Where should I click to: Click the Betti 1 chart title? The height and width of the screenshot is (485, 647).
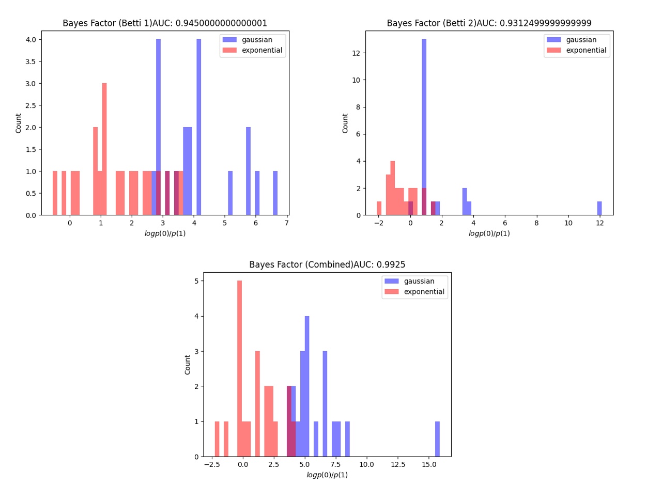(x=165, y=23)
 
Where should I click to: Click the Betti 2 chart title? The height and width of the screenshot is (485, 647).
(x=489, y=23)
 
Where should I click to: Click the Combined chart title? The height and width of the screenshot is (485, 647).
(x=327, y=264)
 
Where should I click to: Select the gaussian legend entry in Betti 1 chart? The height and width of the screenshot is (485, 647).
(x=253, y=40)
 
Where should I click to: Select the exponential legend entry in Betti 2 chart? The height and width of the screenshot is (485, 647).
(x=577, y=50)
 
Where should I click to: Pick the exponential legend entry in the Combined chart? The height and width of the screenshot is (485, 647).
(x=414, y=291)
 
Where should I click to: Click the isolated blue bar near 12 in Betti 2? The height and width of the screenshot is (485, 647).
(x=599, y=208)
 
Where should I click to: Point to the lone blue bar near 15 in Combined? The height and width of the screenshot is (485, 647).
(x=437, y=439)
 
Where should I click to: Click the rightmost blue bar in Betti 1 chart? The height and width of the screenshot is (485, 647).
(x=275, y=193)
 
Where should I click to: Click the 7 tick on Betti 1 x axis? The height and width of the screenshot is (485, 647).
(x=286, y=223)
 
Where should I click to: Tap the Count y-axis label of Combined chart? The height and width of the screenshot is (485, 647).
(x=188, y=365)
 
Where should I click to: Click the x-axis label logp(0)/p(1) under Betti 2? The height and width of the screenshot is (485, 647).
(x=489, y=233)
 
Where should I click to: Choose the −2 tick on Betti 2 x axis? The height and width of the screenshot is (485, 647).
(x=379, y=223)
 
